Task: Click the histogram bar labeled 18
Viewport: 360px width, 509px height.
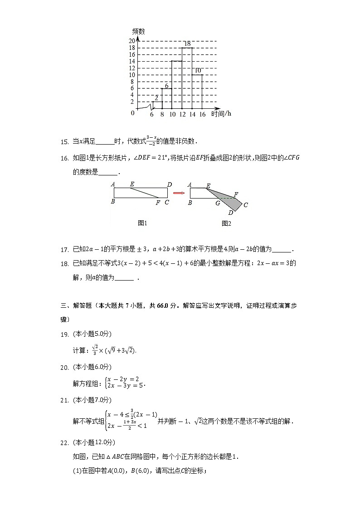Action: point(187,78)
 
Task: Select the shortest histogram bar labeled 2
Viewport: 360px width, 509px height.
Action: point(157,105)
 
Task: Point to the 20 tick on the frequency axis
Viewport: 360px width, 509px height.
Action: point(131,41)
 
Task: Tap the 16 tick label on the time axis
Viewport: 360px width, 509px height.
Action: point(202,115)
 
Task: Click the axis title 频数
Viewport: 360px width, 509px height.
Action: point(138,31)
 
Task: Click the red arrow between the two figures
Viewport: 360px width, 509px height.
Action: point(179,193)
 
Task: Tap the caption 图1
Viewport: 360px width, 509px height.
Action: point(143,223)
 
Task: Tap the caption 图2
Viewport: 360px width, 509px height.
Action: point(226,223)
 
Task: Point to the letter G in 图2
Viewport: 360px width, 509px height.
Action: point(218,203)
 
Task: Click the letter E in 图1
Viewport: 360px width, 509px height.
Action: point(131,184)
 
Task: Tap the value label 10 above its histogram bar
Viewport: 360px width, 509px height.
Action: point(198,70)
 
